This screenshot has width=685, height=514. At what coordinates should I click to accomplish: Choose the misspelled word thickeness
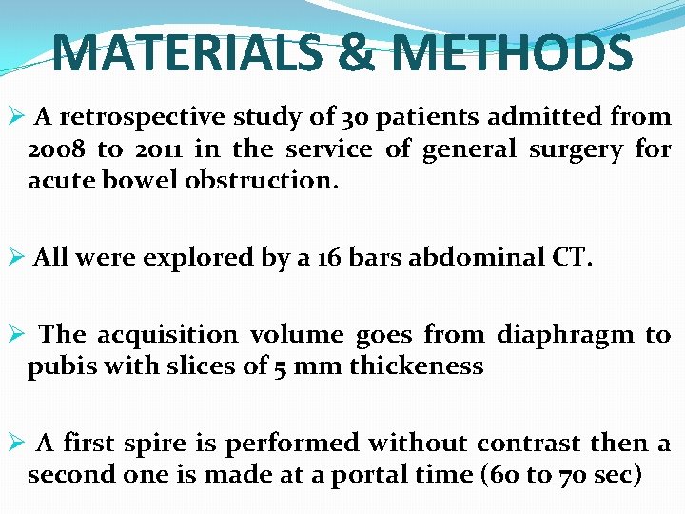click(418, 366)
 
